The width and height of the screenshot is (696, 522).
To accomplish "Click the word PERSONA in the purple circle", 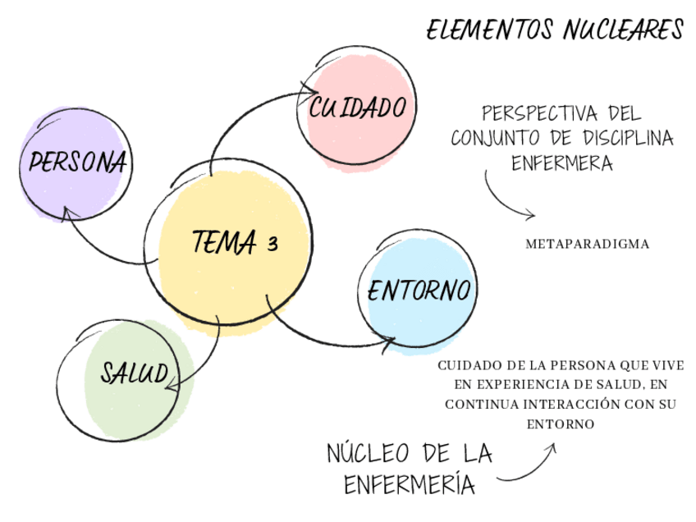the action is (78, 162).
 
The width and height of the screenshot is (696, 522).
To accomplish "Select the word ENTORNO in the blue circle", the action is (419, 291).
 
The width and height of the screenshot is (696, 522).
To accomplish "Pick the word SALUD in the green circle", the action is (135, 373).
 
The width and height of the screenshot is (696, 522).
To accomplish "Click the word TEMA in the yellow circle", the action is (224, 241).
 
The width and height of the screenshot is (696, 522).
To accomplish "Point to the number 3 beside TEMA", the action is (272, 243).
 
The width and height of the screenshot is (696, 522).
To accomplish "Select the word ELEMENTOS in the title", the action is (490, 31).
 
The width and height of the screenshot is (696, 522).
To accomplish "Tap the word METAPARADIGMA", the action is (587, 244).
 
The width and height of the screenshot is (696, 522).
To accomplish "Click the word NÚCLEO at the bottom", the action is (368, 453).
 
